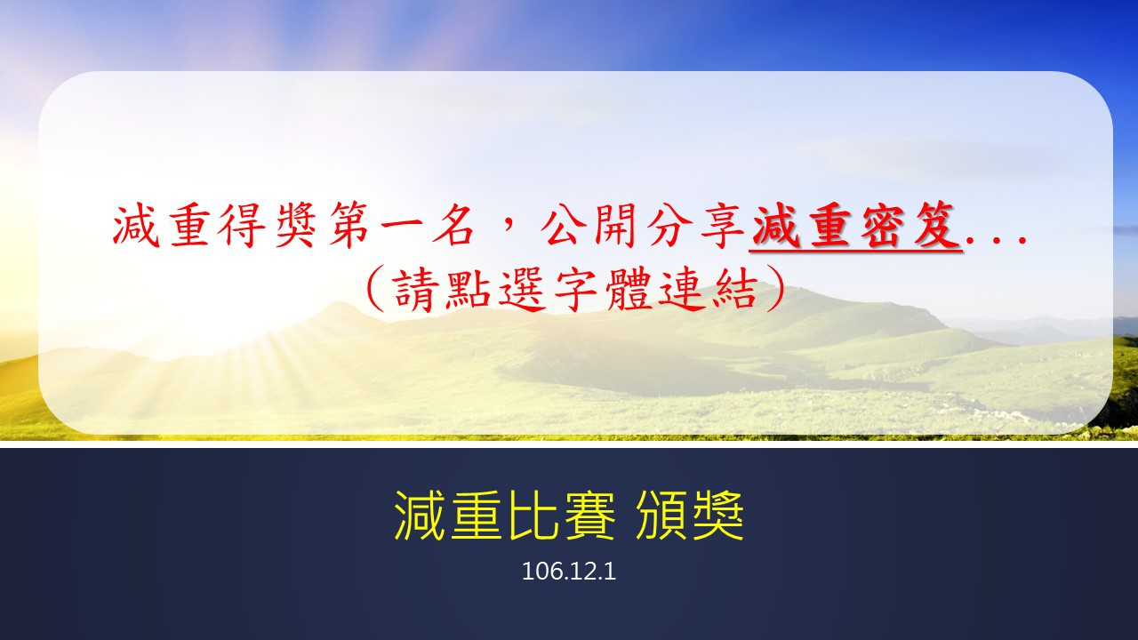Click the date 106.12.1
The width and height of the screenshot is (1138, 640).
click(569, 572)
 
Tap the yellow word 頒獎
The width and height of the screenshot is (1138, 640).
click(689, 516)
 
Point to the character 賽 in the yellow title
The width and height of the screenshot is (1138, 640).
click(587, 516)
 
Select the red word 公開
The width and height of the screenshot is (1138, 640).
click(589, 226)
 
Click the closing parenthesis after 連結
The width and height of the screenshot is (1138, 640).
click(775, 289)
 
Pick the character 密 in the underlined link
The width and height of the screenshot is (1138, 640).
click(883, 226)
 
